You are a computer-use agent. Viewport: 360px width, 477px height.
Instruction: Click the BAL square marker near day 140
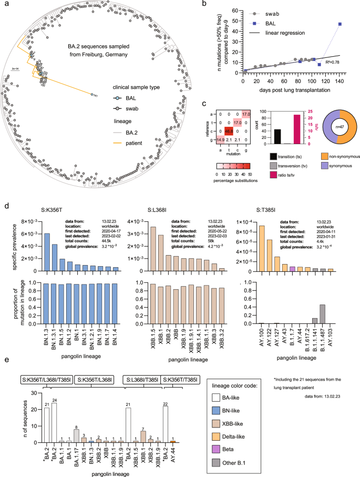pos(340,24)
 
